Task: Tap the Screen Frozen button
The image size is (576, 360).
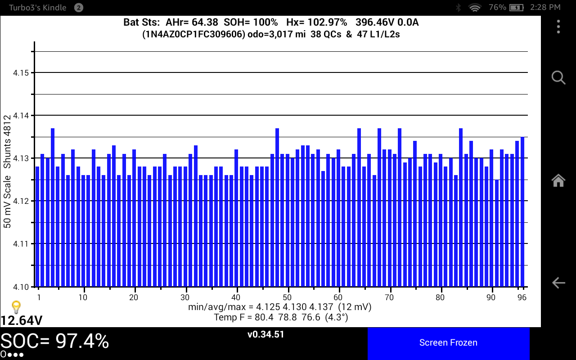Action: coord(448,343)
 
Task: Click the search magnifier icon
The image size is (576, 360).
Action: coord(558,77)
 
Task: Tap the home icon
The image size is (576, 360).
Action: coord(558,180)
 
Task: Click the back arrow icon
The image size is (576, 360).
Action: coord(558,283)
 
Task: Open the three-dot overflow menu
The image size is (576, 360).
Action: coord(558,27)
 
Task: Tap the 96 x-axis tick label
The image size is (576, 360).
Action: coord(522,297)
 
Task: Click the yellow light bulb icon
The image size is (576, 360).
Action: coord(16,307)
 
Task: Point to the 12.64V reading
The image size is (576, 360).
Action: coord(22,320)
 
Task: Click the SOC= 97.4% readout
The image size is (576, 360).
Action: coord(54,342)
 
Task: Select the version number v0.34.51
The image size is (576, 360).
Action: coord(265,335)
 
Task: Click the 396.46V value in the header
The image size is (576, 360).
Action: coord(373,22)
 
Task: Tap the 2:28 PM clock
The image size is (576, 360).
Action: coord(546,7)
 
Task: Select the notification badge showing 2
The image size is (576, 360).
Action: coord(78,7)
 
